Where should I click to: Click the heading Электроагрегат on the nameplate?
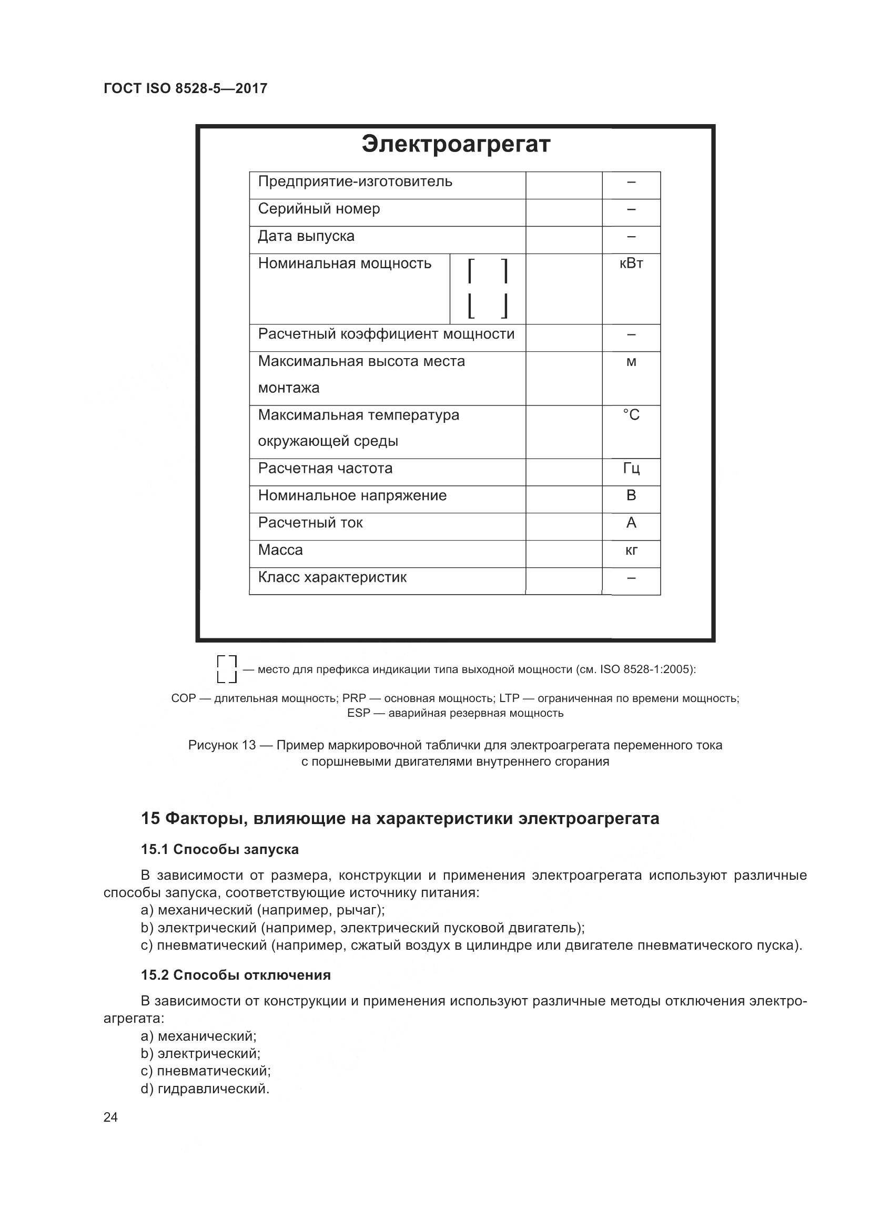pyautogui.click(x=456, y=145)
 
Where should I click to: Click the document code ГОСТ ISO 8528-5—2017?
pyautogui.click(x=185, y=88)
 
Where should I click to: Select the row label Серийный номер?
pyautogui.click(x=319, y=209)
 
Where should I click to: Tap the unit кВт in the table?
pyautogui.click(x=631, y=263)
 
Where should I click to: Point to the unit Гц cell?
pyautogui.click(x=631, y=469)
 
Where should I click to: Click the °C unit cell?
pyautogui.click(x=631, y=415)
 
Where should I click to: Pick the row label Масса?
pyautogui.click(x=280, y=550)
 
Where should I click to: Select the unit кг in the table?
pyautogui.click(x=631, y=551)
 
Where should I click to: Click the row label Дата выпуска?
pyautogui.click(x=306, y=236)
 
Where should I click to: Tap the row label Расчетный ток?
pyautogui.click(x=310, y=523)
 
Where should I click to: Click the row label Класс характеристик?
pyautogui.click(x=332, y=577)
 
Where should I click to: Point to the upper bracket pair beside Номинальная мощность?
pyautogui.click(x=488, y=271)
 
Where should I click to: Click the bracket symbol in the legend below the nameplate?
pyautogui.click(x=227, y=669)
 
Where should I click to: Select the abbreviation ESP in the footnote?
pyautogui.click(x=358, y=713)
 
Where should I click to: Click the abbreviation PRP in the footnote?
pyautogui.click(x=353, y=698)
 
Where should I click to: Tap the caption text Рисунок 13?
pyautogui.click(x=222, y=745)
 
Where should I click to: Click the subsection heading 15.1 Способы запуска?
pyautogui.click(x=220, y=850)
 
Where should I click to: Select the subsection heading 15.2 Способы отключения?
pyautogui.click(x=236, y=975)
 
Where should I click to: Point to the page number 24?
pyautogui.click(x=110, y=1117)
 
